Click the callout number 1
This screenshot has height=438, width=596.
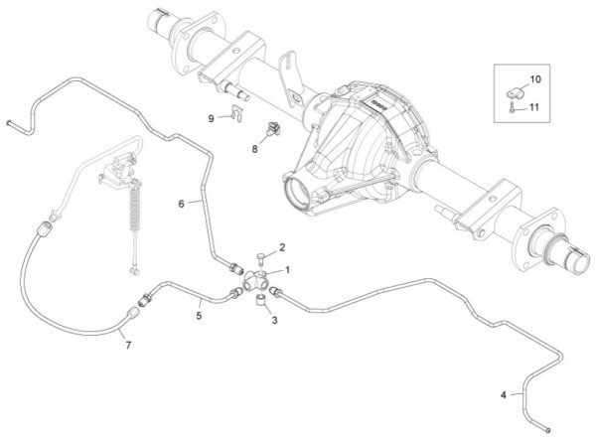287,270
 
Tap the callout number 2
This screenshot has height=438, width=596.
282,247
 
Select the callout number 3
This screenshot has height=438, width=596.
274,320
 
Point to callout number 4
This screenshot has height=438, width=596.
504,395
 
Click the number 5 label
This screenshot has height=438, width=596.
199,315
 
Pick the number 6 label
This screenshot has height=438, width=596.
182,204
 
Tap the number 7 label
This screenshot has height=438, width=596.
128,346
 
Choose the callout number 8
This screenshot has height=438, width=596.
254,149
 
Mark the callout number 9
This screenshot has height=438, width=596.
212,118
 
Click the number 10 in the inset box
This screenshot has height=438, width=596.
535,79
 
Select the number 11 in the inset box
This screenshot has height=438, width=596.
534,107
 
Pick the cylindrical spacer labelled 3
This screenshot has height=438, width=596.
260,299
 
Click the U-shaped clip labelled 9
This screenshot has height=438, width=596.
237,113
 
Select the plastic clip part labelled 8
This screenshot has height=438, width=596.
273,129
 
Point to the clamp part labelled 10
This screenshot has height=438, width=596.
516,92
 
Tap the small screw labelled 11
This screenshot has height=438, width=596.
512,107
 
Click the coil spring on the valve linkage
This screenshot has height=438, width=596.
134,210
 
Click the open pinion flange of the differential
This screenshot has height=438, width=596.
296,194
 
